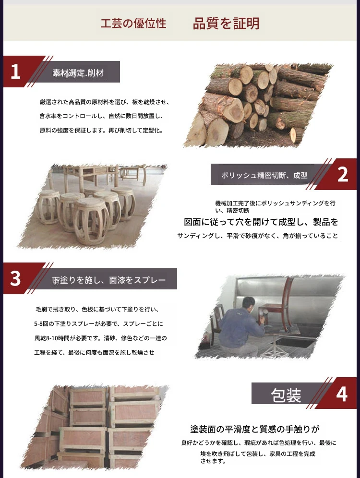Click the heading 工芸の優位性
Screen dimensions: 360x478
(133, 24)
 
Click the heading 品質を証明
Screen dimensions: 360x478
(226, 24)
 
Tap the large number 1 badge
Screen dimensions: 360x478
(15, 72)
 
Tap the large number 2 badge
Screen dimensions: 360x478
(343, 174)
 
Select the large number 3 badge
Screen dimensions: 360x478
(15, 278)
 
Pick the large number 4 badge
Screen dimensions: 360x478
(342, 394)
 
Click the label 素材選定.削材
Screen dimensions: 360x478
(78, 73)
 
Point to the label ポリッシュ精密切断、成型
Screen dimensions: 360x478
(264, 175)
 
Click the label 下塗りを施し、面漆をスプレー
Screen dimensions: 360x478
(109, 280)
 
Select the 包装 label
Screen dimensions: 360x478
(286, 395)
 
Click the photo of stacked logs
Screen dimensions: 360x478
(258, 106)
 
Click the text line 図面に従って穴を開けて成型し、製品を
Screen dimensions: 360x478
(261, 222)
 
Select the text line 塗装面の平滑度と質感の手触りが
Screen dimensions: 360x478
(255, 429)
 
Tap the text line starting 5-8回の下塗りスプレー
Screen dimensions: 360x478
(98, 324)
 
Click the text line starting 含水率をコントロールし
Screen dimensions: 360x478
(101, 116)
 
